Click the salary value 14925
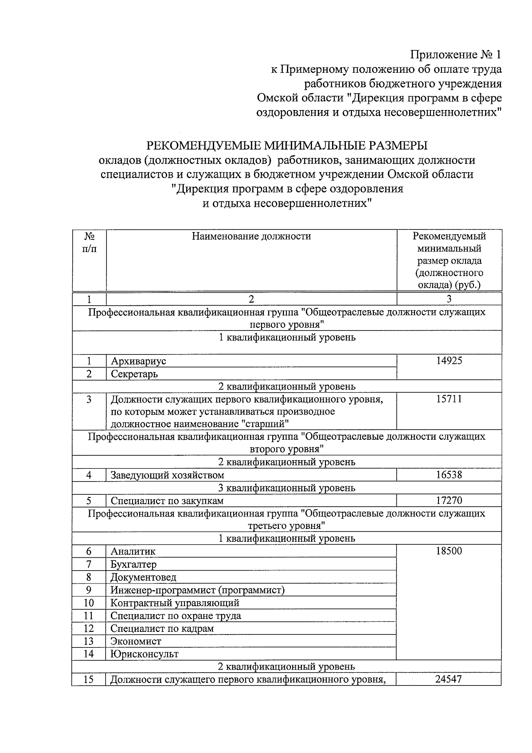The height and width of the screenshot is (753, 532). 449,361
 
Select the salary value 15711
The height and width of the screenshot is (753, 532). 449,399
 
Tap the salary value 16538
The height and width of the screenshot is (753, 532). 449,475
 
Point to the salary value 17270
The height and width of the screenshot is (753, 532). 449,501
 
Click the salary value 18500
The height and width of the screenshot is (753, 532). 449,552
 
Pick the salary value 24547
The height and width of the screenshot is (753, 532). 449,679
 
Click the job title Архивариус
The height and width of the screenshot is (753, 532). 138,361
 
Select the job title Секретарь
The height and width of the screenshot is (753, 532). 134,374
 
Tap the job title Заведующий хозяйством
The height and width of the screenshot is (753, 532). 167,475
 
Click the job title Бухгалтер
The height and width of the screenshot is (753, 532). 133,564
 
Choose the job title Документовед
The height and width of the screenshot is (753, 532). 143,577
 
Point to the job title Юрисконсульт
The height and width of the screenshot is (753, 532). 145,654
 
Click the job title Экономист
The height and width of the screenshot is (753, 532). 136,641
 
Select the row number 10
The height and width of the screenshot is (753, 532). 89,603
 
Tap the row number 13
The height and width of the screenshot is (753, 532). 89,641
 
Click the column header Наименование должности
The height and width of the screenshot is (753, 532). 251,237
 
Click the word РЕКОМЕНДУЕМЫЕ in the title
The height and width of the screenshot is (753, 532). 203,146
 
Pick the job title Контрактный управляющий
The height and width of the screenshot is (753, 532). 175,603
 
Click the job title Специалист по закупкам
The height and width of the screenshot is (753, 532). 167,501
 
